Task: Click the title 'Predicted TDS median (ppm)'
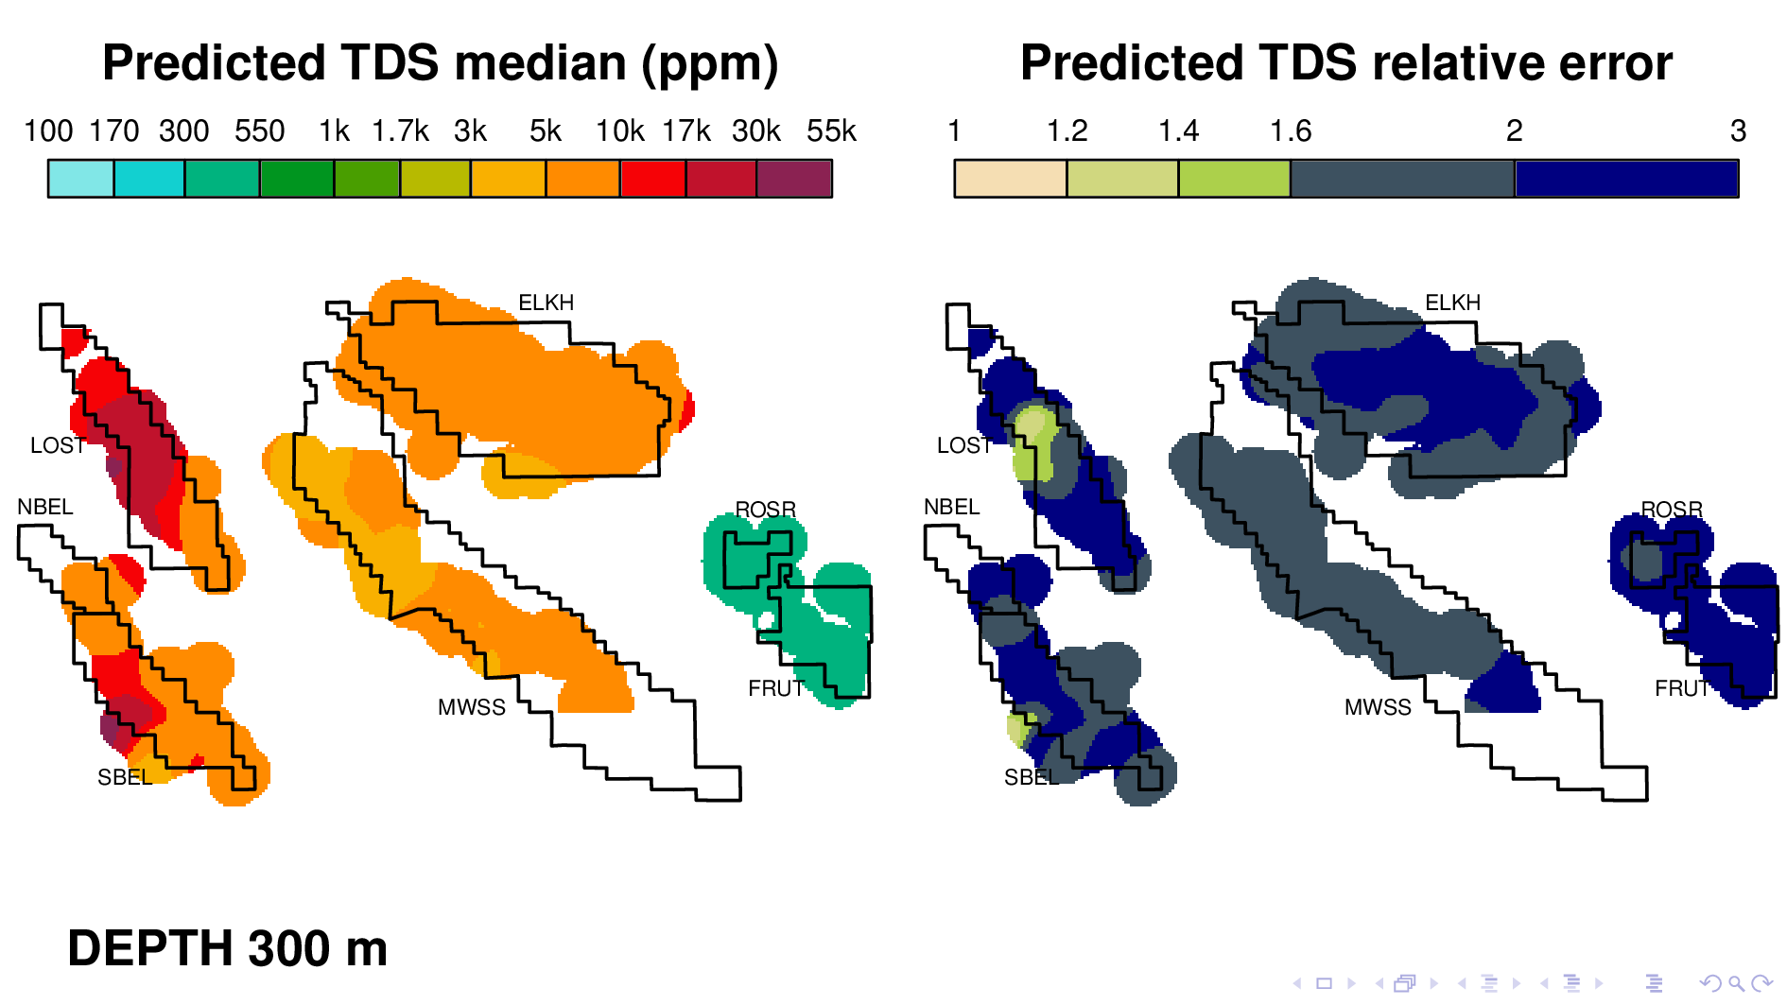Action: (440, 63)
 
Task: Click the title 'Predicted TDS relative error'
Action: (1345, 63)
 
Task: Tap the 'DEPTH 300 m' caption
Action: (227, 948)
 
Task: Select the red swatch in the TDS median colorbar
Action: (652, 179)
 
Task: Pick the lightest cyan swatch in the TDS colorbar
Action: (81, 179)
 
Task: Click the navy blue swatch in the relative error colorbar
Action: (1626, 179)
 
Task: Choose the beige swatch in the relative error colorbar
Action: (1010, 179)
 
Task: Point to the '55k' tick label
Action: (830, 131)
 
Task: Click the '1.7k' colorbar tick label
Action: (400, 131)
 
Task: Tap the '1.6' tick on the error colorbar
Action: (1290, 131)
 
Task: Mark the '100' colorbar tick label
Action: (48, 131)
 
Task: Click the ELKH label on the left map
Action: (546, 303)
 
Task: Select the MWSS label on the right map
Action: (1378, 707)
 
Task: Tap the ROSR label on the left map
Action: (765, 510)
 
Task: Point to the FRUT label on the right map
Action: (1682, 688)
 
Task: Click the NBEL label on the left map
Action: (45, 507)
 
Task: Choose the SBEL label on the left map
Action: (124, 777)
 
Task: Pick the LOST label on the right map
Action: (963, 445)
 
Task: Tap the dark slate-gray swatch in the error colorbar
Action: (1402, 179)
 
